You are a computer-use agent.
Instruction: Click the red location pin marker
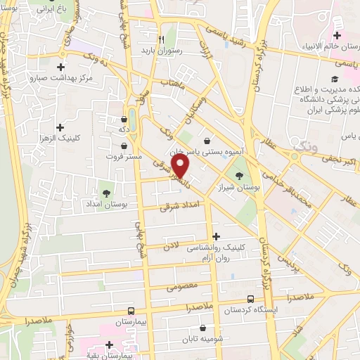[x=181, y=165]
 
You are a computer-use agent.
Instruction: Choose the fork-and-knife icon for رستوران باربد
[x=162, y=39]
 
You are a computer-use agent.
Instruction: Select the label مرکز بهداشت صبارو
[x=58, y=77]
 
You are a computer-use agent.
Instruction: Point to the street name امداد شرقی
[x=185, y=205]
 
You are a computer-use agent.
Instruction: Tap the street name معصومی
[x=181, y=287]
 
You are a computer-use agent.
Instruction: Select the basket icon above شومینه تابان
[x=203, y=327]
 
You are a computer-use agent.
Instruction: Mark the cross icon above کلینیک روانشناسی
[x=215, y=236]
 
